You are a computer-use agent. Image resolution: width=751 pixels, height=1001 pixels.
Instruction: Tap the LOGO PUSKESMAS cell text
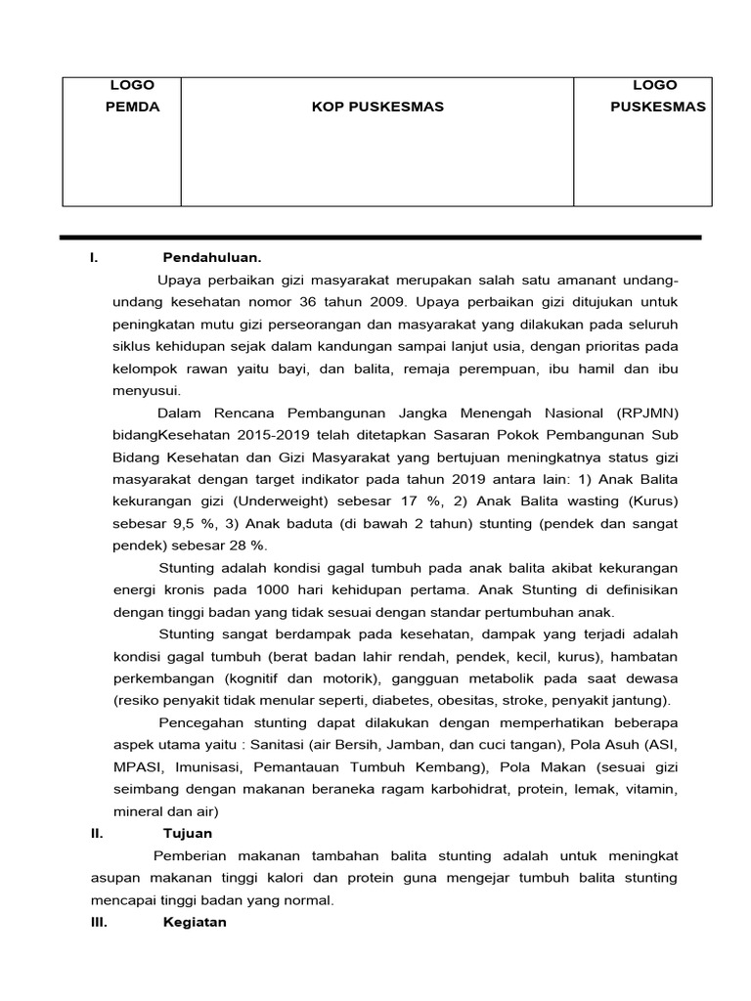pos(657,96)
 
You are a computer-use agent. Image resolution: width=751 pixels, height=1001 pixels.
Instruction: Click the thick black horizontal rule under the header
pos(380,238)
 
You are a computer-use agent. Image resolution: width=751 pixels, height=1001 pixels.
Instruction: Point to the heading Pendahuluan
pos(212,258)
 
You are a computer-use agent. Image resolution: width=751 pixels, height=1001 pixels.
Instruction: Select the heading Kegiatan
pos(195,922)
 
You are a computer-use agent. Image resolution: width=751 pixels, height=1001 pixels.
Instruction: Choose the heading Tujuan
pos(187,833)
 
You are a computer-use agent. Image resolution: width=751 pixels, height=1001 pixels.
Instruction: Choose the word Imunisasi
pos(199,767)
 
